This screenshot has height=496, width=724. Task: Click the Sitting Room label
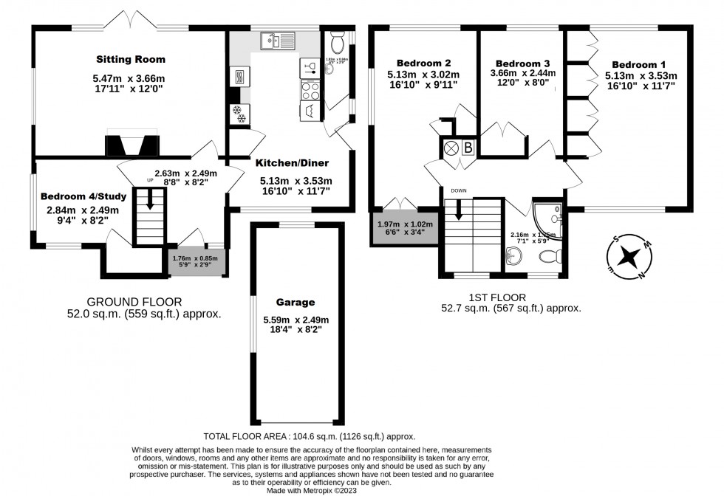[130, 59]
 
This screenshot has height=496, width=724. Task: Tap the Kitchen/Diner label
[293, 163]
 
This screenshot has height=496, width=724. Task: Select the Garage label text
[296, 302]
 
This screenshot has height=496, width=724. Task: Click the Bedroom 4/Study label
[83, 196]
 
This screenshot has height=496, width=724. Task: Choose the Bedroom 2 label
[423, 63]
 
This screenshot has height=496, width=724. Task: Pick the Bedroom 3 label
[522, 63]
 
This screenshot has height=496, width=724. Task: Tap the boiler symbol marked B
[468, 147]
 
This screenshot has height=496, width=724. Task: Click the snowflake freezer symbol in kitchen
[239, 113]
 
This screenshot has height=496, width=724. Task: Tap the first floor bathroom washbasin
[516, 256]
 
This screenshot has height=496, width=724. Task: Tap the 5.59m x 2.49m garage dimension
[296, 320]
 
